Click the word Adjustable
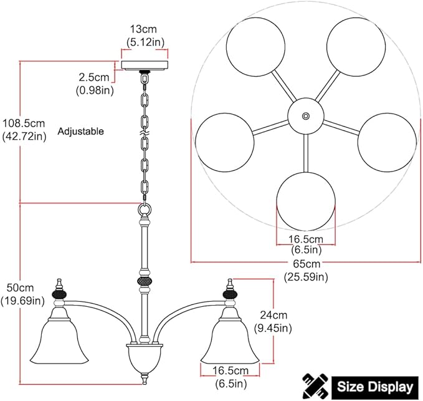80,132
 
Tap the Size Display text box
375,387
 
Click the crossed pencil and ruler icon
315,386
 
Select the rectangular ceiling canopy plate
145,65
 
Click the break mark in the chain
145,133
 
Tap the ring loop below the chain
145,209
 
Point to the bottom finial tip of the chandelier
145,382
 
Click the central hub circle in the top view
305,116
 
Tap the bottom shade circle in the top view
306,201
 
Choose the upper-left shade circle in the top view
256,47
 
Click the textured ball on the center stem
145,281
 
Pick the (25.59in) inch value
306,277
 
